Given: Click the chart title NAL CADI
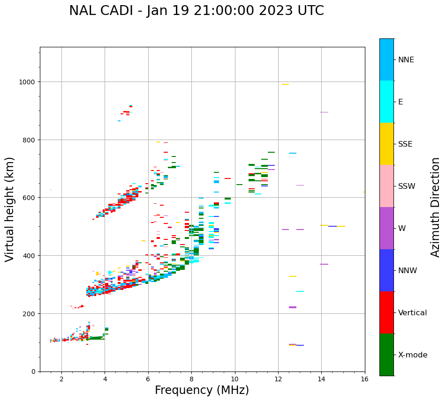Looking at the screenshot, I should click(196, 11).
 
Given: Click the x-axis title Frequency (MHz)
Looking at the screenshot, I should click(202, 390).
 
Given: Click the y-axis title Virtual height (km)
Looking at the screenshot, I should click(10, 209).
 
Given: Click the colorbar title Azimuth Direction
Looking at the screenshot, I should click(436, 207).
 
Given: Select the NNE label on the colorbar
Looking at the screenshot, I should click(406, 60).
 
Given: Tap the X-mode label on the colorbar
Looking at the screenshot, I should click(413, 355).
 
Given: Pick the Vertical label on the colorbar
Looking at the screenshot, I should click(413, 313).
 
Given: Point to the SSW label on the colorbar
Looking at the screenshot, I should click(407, 186).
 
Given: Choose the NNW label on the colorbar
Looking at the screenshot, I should click(408, 271).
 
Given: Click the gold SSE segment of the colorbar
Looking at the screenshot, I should click(386, 144).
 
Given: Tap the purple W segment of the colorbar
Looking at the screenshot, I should click(386, 228).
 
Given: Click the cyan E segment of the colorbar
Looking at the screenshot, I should click(386, 102).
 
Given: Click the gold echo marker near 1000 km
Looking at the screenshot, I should click(285, 84).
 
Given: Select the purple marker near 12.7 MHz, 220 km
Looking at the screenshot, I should click(293, 307).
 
